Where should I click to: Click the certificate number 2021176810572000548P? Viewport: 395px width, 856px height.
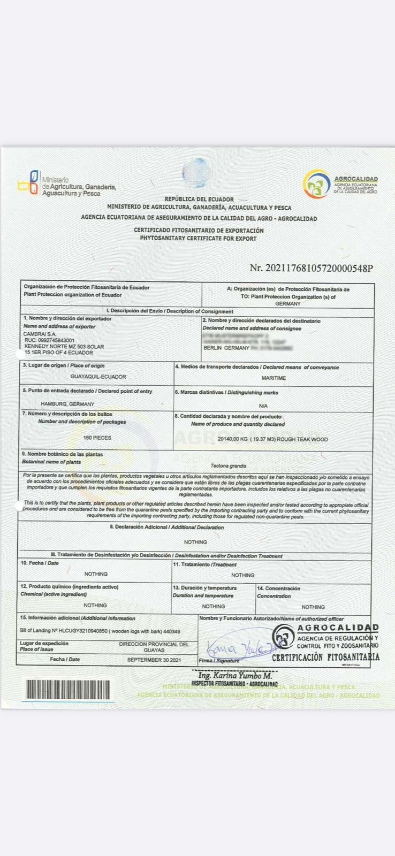point(311,268)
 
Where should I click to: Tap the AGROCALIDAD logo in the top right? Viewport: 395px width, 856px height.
point(316,184)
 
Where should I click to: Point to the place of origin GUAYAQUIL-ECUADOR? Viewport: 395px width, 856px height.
point(98,377)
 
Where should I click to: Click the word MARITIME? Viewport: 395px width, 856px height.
point(274,378)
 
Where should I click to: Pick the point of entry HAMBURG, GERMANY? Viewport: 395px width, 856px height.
point(67,404)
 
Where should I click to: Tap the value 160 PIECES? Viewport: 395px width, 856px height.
point(97,438)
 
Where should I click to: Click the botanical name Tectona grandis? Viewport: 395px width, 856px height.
point(229,465)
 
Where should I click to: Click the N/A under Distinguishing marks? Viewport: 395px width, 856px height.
point(263,406)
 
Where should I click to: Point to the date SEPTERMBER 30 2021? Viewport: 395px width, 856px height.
point(154,660)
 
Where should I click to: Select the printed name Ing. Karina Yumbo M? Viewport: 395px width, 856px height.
point(235,676)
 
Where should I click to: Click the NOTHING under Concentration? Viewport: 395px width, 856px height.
point(313,607)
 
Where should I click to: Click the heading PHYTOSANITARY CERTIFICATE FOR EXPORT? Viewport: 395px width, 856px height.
point(198,239)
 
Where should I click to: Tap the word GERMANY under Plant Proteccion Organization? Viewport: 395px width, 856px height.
point(288,303)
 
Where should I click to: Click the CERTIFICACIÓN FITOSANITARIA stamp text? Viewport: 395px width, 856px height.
point(325,657)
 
